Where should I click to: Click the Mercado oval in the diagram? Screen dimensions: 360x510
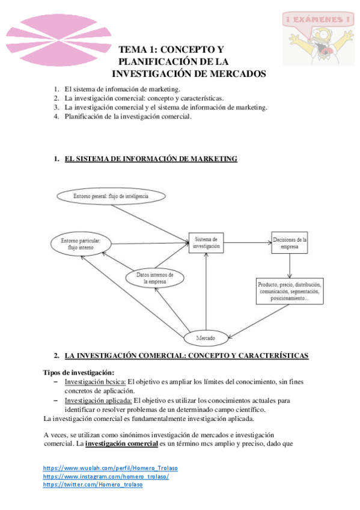point(206,337)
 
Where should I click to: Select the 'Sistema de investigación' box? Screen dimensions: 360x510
point(206,242)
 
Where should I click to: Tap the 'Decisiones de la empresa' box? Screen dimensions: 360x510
point(290,242)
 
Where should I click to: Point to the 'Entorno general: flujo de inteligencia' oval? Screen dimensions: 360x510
point(111,196)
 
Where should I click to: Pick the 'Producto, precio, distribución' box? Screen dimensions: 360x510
point(290,291)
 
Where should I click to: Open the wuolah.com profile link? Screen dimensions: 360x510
point(111,468)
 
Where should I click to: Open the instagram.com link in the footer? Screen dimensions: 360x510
point(106,476)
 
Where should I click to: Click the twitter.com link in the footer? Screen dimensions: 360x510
point(93,485)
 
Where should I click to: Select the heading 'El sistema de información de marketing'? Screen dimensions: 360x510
point(151,159)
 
